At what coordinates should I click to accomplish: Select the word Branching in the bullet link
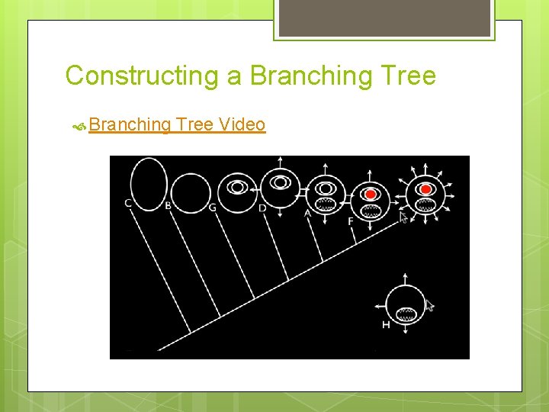click(130, 124)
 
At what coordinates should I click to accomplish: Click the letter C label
click(128, 203)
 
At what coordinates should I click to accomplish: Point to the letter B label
click(168, 204)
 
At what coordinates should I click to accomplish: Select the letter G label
click(212, 207)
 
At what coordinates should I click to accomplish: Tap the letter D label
click(262, 208)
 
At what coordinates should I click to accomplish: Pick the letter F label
click(350, 221)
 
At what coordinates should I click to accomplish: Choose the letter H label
click(386, 325)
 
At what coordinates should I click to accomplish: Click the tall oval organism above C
click(148, 180)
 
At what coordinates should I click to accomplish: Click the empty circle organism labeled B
click(190, 193)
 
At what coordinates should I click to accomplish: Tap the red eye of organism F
click(371, 193)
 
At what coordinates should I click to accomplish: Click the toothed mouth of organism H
click(407, 313)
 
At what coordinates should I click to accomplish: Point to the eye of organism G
click(237, 187)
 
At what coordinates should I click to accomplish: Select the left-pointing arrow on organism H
click(380, 307)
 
